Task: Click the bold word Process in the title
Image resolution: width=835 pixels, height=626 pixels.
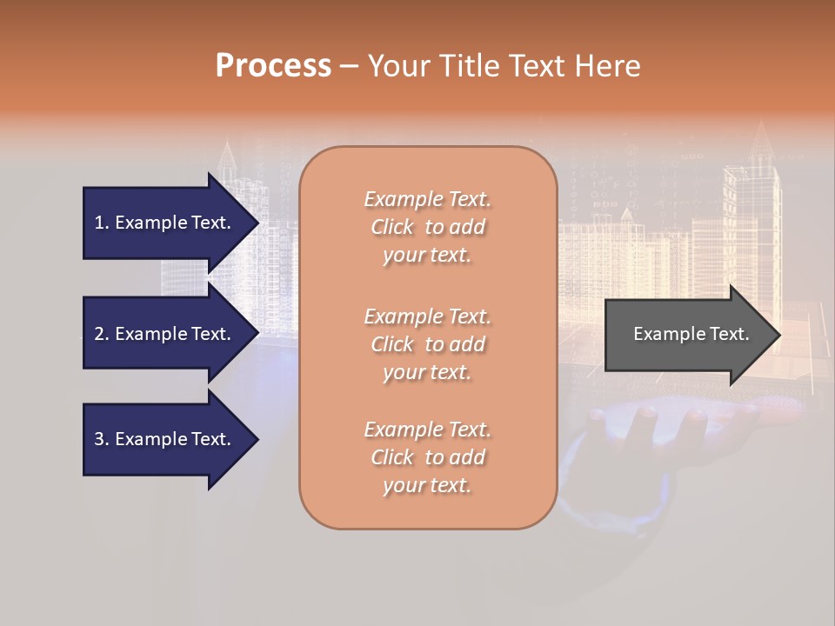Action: [273, 66]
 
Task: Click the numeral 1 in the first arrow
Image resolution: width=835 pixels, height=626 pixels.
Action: [99, 223]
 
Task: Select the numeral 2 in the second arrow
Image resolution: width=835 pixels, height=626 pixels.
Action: [99, 334]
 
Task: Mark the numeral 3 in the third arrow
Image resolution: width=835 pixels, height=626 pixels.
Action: [99, 439]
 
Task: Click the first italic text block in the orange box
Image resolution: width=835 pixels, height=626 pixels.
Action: [427, 227]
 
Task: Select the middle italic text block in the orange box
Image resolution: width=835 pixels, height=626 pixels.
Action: [427, 344]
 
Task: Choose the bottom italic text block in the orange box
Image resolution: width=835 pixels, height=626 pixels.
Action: [427, 457]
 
